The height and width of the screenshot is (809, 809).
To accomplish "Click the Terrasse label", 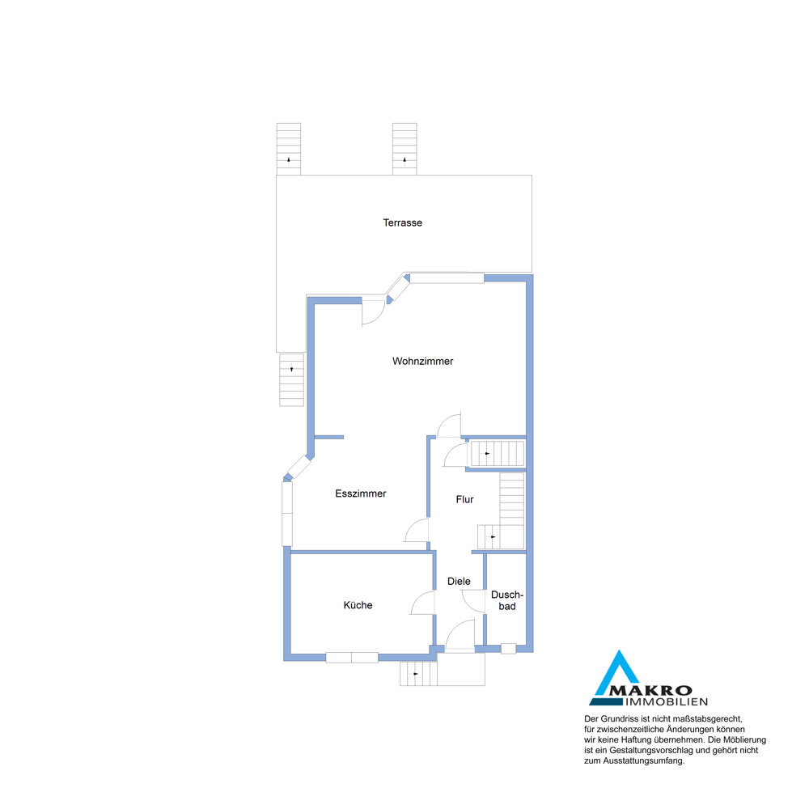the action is point(402,223).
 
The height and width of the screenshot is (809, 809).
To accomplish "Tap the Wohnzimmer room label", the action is point(422,361).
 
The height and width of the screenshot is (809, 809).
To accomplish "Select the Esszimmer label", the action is point(361,493).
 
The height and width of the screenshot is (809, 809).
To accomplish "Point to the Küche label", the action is point(358,605).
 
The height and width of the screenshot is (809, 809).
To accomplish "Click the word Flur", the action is point(465,499).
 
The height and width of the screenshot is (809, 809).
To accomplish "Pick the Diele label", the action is point(459,582).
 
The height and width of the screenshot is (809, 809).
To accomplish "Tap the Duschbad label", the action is point(506,600).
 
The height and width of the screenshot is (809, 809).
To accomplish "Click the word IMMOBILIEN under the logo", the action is point(667,702).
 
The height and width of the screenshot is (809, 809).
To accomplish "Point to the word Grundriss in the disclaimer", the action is point(619,718).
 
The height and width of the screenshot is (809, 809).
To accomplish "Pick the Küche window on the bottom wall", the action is point(352,657).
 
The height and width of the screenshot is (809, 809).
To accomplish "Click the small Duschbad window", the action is point(508,649).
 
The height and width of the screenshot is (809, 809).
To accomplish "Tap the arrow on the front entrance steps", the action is point(415,674).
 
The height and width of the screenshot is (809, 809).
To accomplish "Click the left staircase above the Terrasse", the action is point(289,149).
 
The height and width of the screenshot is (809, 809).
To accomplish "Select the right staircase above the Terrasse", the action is point(404,149).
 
